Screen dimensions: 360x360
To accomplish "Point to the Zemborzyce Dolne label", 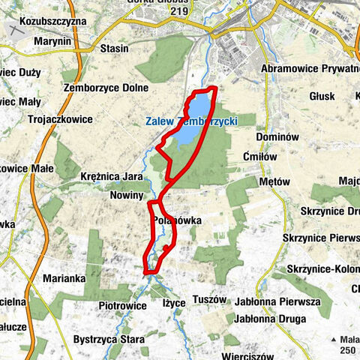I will tap(103, 87).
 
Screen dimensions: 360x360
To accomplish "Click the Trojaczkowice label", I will tap(60, 119).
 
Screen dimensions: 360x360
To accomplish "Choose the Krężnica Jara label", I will tap(112, 177).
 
